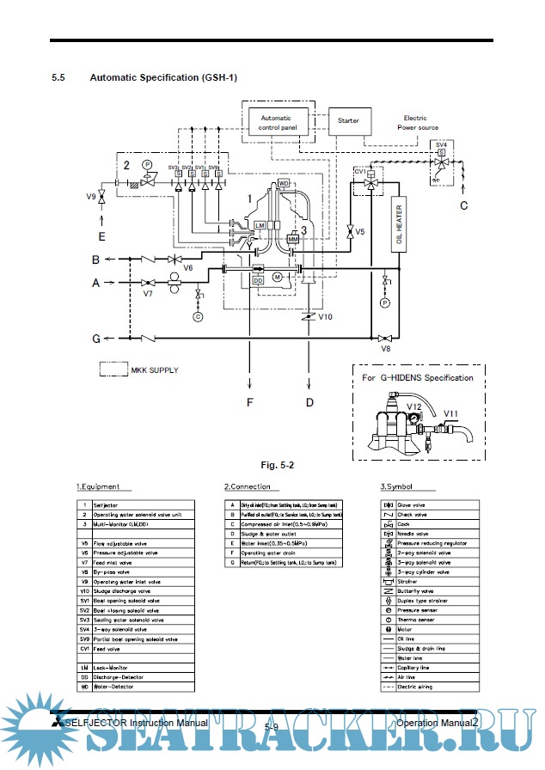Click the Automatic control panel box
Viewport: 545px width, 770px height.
coord(275,123)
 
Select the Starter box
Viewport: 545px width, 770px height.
coord(348,121)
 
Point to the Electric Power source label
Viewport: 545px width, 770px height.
coord(417,122)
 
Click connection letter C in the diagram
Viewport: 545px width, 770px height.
coord(463,205)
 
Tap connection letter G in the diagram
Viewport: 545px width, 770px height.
coord(97,339)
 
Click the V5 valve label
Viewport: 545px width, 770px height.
coord(360,232)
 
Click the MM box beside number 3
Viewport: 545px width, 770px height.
coord(293,236)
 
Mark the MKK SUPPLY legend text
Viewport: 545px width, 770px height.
coord(155,370)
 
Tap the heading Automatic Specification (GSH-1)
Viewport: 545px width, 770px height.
coord(163,78)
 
